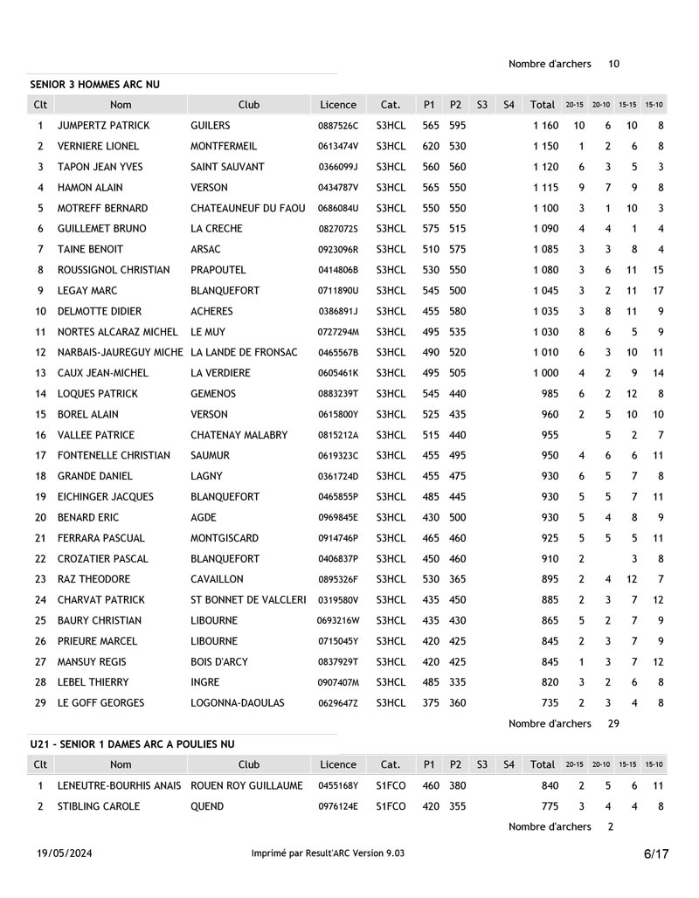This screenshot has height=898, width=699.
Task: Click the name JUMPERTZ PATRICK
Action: click(x=103, y=126)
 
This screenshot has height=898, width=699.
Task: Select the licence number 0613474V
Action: click(x=338, y=147)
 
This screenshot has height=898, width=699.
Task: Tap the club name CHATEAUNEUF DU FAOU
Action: click(x=248, y=209)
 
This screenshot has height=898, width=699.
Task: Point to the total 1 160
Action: click(x=545, y=126)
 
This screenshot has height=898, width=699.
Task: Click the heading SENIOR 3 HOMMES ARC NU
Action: click(x=95, y=85)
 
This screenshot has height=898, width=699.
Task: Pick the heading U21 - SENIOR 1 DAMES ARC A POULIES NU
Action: click(x=132, y=744)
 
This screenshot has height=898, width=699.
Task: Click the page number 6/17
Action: click(x=656, y=853)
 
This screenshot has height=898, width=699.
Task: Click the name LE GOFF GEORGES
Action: click(x=100, y=703)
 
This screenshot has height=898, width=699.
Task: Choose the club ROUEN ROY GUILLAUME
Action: click(x=246, y=786)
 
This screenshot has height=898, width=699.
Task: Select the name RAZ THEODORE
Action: click(x=93, y=579)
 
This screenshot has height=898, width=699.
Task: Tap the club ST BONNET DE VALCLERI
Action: click(x=248, y=600)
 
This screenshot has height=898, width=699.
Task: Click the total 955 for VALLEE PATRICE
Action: click(x=550, y=435)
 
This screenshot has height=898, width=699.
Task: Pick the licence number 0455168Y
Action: click(x=338, y=786)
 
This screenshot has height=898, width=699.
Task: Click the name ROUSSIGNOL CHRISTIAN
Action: click(x=114, y=271)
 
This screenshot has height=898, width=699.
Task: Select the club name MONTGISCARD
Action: click(x=225, y=538)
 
